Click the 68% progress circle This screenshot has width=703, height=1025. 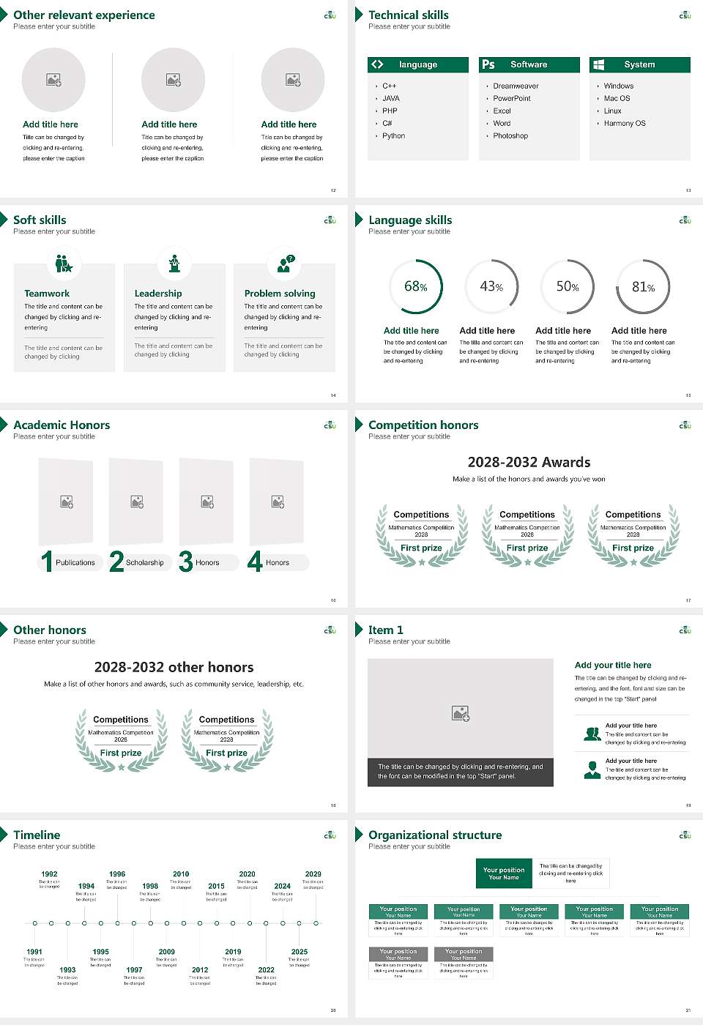[416, 286]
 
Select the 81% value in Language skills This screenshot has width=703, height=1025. [643, 287]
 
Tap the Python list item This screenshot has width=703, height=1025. [393, 135]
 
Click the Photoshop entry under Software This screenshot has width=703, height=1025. [510, 135]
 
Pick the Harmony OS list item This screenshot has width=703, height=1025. [625, 123]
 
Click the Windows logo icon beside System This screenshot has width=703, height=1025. [599, 64]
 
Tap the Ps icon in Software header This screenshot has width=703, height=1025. [488, 64]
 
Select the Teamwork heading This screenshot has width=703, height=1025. [47, 293]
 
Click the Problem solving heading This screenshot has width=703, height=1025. [280, 293]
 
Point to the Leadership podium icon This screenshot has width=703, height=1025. [174, 264]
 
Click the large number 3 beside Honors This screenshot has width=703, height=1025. [186, 562]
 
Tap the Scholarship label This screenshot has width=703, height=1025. [144, 562]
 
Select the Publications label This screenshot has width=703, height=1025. [75, 562]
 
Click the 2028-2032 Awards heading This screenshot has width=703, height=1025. [529, 462]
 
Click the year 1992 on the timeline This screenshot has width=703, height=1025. [49, 873]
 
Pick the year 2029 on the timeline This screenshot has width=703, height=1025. [313, 873]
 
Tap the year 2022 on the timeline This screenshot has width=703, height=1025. [266, 969]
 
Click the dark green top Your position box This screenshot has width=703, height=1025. [504, 873]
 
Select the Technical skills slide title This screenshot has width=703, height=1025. [408, 15]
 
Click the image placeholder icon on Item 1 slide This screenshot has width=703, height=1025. [461, 712]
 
